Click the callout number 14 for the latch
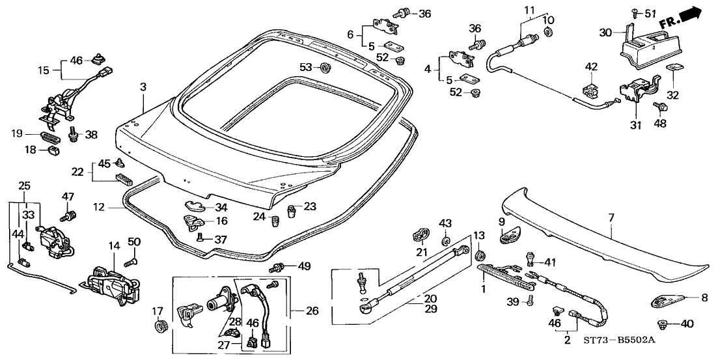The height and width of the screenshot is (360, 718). (x=115, y=246)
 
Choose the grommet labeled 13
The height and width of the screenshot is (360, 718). (x=482, y=254)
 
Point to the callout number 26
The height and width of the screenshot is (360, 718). (x=312, y=311)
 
